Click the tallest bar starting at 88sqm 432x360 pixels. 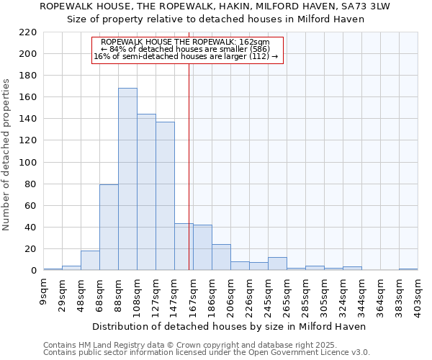[x=127, y=179]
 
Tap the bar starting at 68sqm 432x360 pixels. [x=109, y=228]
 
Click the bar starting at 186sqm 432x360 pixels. [x=221, y=257]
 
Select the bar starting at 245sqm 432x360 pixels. [x=277, y=264]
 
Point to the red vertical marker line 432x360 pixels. [x=189, y=166]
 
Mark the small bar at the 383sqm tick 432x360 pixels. [x=408, y=269]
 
